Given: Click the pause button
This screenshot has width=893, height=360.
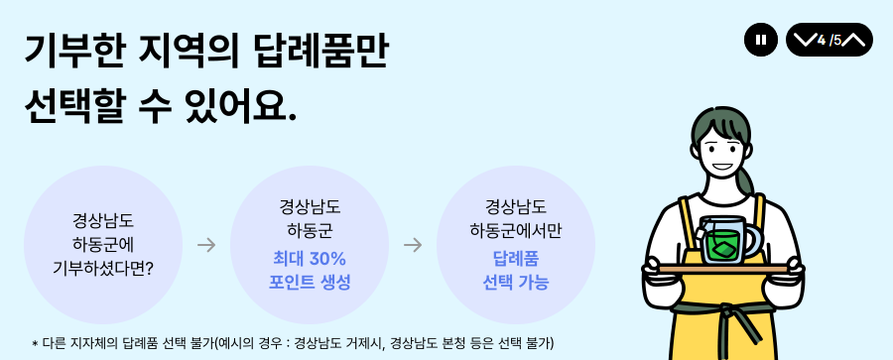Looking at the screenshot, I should click(x=760, y=40).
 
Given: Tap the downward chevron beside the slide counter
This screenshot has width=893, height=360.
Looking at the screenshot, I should click(x=803, y=40).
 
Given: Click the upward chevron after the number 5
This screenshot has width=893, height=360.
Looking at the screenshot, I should click(x=855, y=40).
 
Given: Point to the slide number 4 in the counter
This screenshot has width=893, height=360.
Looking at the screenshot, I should click(x=822, y=40).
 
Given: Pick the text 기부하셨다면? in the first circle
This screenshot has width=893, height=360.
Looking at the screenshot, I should click(x=102, y=268).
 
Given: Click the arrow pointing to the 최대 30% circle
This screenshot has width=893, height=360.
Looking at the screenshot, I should click(x=206, y=245).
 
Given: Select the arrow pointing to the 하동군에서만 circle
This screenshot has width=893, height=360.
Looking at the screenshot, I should click(x=413, y=245).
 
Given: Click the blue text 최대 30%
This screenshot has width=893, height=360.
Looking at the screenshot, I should click(x=310, y=259).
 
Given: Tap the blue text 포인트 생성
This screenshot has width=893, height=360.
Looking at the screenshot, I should click(x=310, y=282).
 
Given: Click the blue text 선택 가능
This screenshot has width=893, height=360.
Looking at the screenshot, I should click(x=516, y=282).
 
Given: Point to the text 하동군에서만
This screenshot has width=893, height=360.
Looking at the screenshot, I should click(x=516, y=231).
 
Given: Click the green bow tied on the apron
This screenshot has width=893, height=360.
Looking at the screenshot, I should click(x=734, y=319).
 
